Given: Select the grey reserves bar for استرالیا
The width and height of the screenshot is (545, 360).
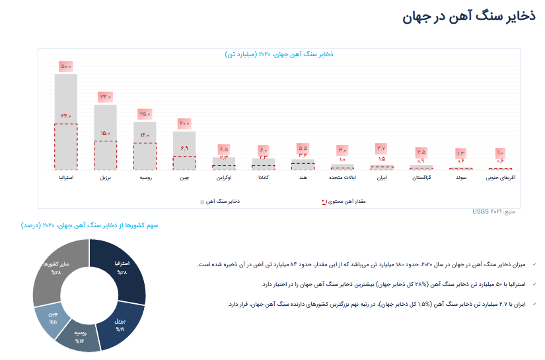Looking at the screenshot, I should point(66,99).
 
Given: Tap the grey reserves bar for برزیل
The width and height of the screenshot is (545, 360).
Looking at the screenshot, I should point(105,122).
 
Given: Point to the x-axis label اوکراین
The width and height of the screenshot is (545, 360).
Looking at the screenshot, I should point(223,178).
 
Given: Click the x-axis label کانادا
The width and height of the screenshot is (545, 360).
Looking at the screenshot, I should point(264,178).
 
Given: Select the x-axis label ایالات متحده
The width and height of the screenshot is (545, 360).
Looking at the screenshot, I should point(342,178).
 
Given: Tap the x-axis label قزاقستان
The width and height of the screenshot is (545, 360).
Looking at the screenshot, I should point(421,178).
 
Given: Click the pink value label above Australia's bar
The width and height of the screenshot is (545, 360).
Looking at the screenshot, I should point(66,66).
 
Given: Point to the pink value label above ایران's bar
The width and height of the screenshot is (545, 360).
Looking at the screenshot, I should point(382,148).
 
